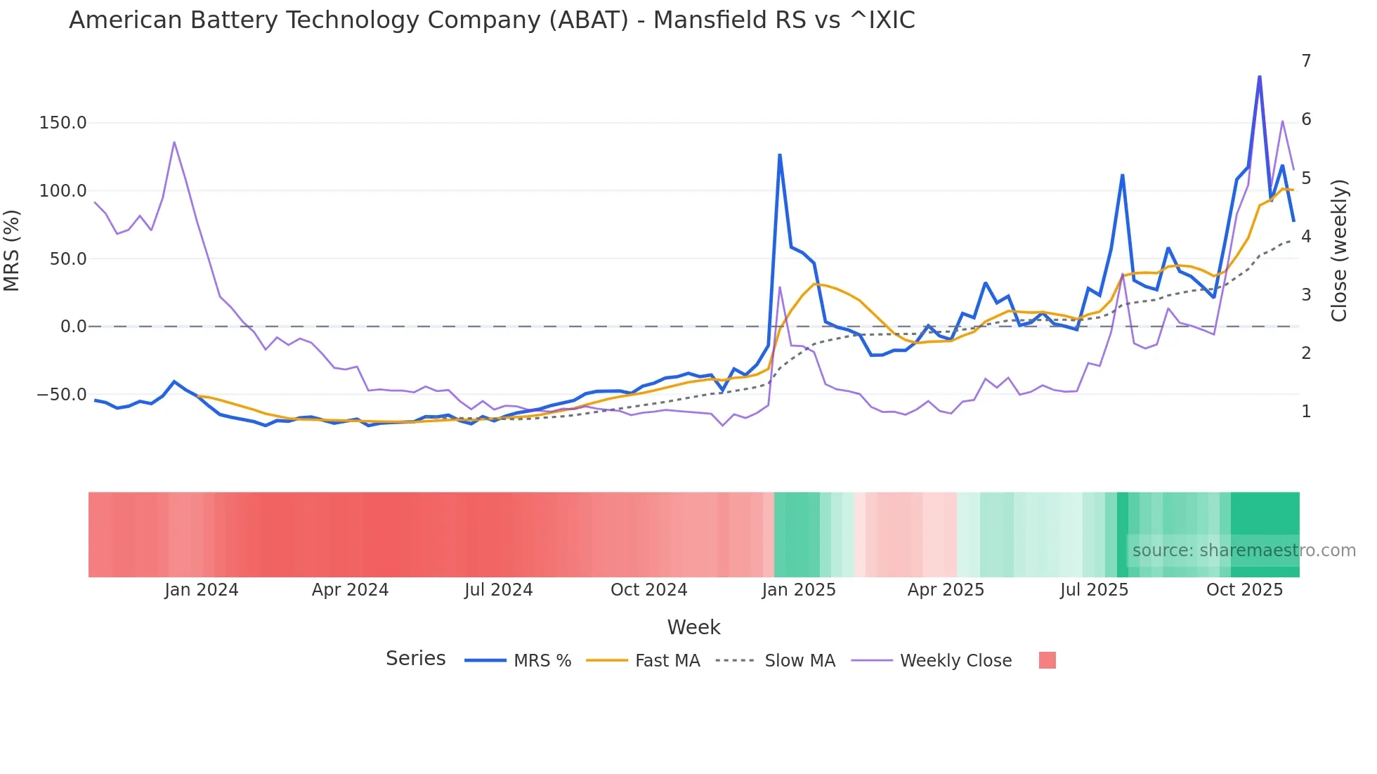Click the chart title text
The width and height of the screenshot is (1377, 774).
point(492,20)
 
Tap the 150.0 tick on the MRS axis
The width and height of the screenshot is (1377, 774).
point(63,123)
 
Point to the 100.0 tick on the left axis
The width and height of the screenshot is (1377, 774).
point(63,191)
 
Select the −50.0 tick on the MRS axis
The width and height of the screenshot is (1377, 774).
point(62,395)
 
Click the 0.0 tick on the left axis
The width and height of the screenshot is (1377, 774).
point(73,327)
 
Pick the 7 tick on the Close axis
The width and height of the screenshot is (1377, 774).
point(1306,61)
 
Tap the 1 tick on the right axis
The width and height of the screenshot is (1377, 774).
point(1306,412)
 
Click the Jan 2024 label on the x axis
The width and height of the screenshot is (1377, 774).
point(202,590)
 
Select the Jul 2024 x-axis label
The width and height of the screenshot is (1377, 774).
point(499,590)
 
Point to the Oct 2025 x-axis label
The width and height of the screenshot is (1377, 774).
point(1244,590)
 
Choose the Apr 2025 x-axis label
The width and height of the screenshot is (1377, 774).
point(946,590)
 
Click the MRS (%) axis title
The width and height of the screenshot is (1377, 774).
point(12,250)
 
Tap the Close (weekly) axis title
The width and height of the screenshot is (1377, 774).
point(1339,251)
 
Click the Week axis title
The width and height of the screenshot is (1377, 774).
point(693,627)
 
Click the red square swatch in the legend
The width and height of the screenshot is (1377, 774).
point(1047,660)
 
